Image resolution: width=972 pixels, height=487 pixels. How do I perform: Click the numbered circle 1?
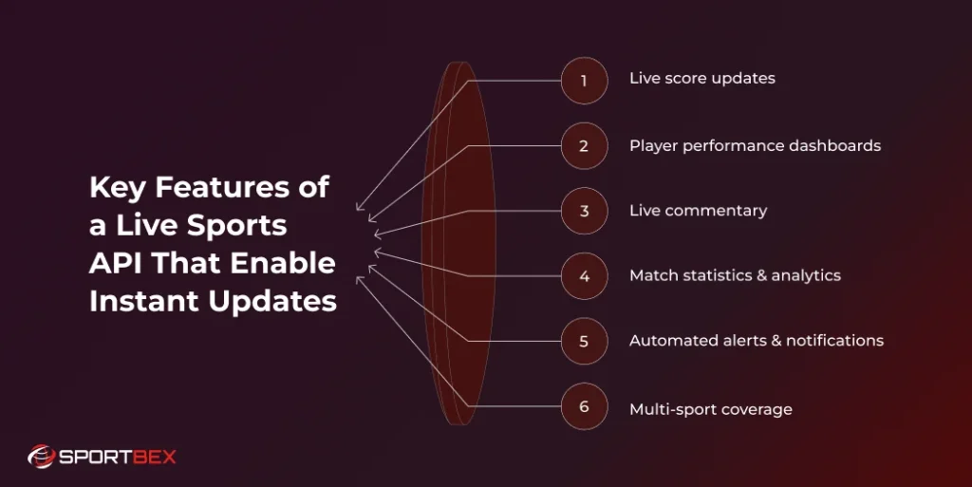[584, 81]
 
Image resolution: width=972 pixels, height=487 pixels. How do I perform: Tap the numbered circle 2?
[584, 146]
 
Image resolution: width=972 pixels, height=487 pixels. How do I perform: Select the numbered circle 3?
[584, 211]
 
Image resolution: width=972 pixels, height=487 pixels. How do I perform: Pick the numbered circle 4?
[584, 276]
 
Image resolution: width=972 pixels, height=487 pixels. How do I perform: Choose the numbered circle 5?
[584, 341]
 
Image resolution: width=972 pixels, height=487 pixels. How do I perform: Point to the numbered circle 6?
[584, 406]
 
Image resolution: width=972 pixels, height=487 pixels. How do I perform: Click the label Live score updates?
[701, 78]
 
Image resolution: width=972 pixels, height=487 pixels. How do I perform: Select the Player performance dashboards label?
[755, 146]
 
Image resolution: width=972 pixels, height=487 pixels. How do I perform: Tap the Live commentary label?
[698, 211]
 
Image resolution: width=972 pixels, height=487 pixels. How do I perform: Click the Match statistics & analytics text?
[735, 275]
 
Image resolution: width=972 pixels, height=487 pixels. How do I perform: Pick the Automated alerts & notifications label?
[756, 341]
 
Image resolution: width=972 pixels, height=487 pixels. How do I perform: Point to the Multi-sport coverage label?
[710, 410]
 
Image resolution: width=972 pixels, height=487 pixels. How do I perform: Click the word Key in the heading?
[119, 188]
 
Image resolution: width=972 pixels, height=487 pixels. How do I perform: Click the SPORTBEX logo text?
[118, 457]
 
